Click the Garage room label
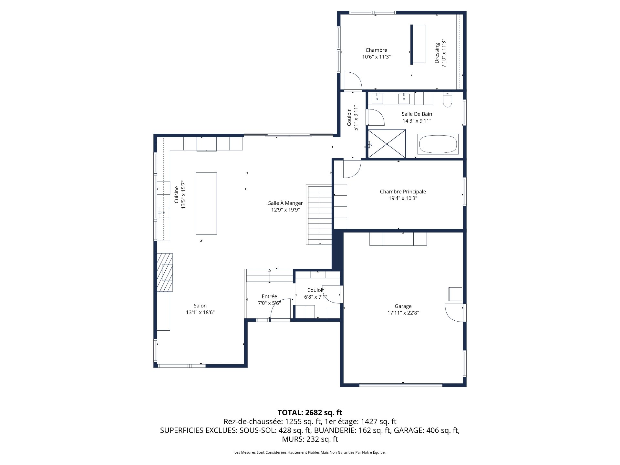403,306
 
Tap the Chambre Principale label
403,191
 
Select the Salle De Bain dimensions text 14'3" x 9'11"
417,121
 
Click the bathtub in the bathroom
438,144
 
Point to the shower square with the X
387,144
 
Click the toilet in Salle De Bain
447,100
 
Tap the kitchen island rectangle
206,203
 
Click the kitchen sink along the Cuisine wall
164,212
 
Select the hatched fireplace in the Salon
165,272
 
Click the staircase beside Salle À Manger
319,214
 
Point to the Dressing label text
437,53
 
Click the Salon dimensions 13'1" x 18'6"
200,312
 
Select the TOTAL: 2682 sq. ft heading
310,412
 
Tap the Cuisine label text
176,195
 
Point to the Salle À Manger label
285,203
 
